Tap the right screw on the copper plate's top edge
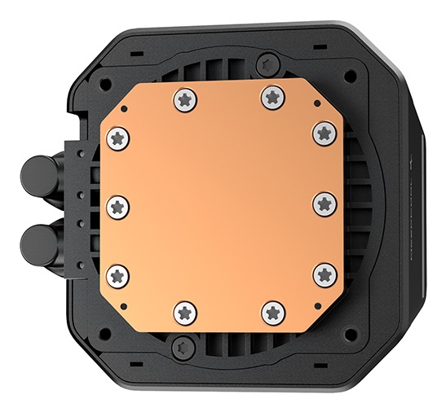point(272,97)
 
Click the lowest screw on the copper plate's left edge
point(120,274)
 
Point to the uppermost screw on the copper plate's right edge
point(325,131)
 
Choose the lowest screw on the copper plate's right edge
point(325,274)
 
